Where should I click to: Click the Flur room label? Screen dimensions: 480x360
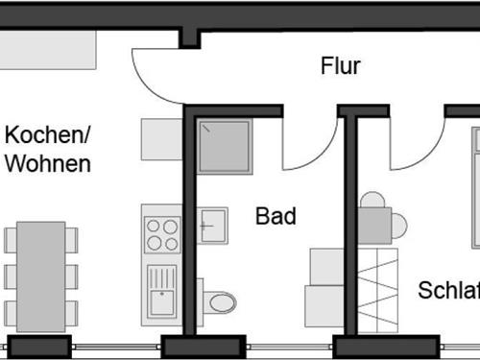click(340, 66)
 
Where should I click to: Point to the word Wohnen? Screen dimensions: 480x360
click(48, 163)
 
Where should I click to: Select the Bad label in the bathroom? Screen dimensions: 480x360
click(276, 217)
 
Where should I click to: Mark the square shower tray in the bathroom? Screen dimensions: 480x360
click(225, 147)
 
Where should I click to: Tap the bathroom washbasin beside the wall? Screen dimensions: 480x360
click(212, 227)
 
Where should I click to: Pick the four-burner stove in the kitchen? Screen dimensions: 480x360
click(161, 233)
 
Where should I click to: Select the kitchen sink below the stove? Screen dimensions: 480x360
click(161, 292)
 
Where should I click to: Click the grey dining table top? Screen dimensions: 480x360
click(41, 273)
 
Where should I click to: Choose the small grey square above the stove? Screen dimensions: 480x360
click(161, 139)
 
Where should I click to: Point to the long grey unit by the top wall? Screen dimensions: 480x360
click(48, 47)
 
